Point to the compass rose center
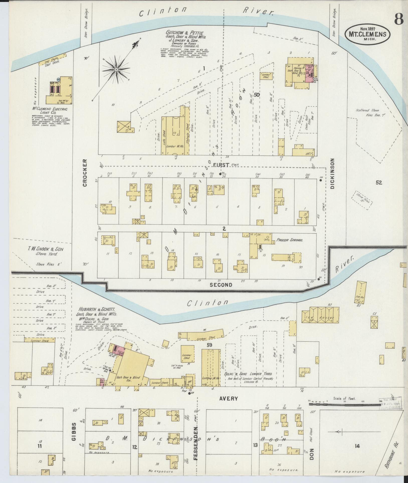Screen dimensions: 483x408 coord(116,69)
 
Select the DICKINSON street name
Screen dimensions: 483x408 coord(333,173)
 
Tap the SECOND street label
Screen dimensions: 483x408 coord(221,285)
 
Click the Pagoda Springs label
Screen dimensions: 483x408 coord(289,240)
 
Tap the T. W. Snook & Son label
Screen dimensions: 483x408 coord(45,251)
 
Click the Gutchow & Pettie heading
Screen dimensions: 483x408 coord(185,33)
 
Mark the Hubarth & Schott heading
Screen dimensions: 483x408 coord(97,309)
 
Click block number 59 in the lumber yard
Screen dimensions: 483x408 coord(210,345)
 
